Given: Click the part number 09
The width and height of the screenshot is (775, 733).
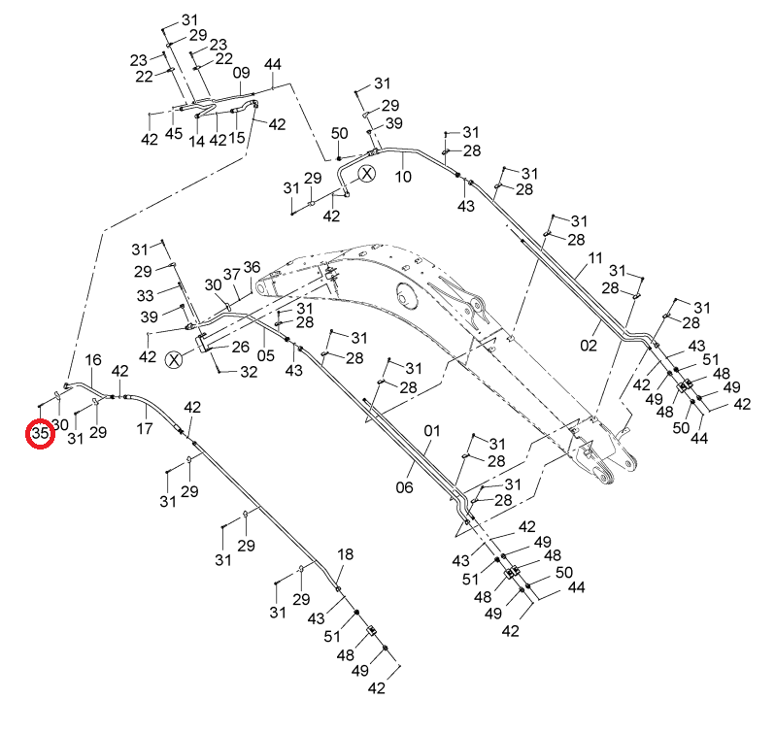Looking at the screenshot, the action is (x=241, y=73).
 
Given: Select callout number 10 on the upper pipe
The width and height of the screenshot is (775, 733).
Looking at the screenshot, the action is (x=403, y=177).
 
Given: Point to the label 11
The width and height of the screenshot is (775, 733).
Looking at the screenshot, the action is (x=595, y=258).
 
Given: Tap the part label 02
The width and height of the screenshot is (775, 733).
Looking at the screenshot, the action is (x=589, y=346).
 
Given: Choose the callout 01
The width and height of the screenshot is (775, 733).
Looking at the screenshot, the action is (x=431, y=431).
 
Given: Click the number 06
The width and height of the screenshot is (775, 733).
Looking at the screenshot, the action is (x=404, y=487).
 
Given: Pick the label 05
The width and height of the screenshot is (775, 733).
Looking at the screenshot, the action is (x=265, y=355).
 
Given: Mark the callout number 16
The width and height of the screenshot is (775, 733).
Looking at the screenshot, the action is (x=93, y=360).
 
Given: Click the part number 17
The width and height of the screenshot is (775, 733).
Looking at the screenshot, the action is (x=145, y=428).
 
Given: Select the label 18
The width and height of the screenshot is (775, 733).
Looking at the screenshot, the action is (x=345, y=554).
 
